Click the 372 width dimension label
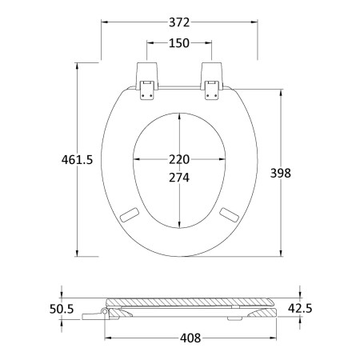click(x=179, y=22)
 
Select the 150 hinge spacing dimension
click(x=179, y=43)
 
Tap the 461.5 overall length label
click(x=77, y=160)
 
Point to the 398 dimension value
click(x=281, y=173)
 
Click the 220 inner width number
click(x=179, y=159)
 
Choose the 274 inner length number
click(x=179, y=178)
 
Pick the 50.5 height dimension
click(x=62, y=309)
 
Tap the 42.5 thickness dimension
click(x=300, y=308)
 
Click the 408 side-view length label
click(x=190, y=338)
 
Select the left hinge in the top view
click(x=147, y=81)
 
